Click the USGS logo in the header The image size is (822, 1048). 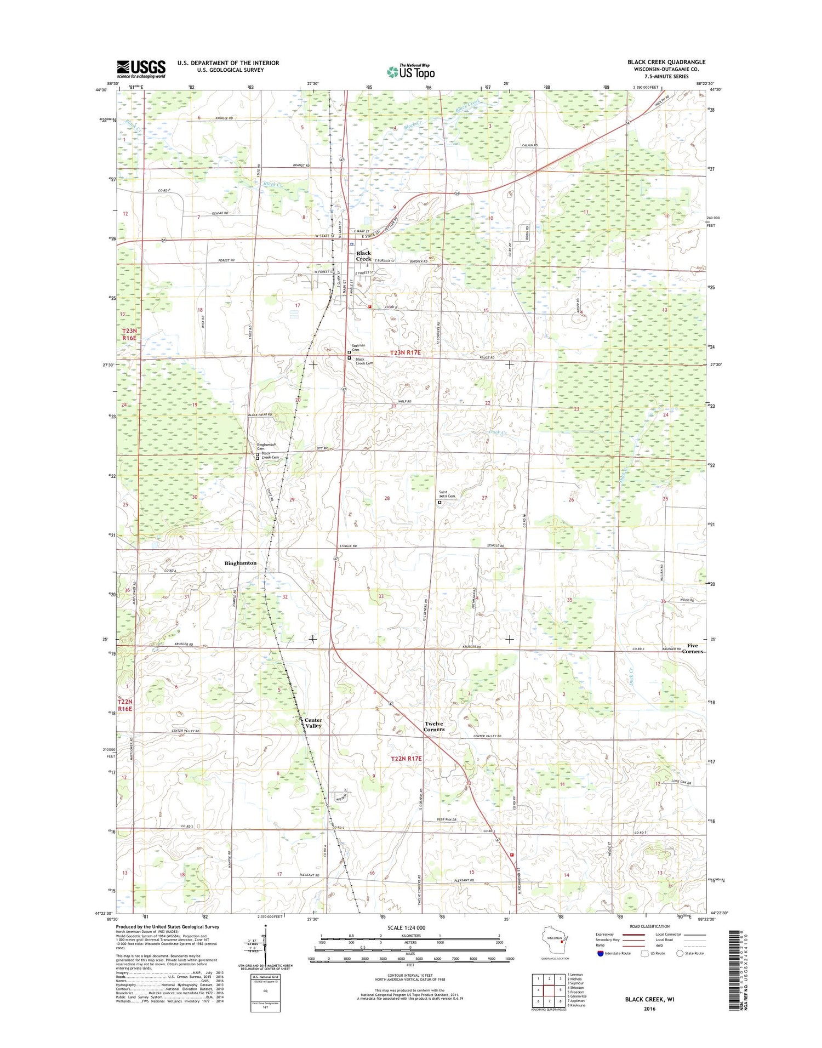[141, 69]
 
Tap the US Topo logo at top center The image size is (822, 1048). [411, 71]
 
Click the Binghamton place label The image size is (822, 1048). [241, 563]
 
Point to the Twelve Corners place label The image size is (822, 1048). [434, 726]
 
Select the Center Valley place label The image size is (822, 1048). [313, 723]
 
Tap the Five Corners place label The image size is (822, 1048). [692, 648]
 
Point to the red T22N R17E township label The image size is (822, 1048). [406, 759]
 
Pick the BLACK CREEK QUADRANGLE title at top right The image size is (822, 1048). [666, 62]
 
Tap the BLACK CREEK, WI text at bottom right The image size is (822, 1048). [649, 999]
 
